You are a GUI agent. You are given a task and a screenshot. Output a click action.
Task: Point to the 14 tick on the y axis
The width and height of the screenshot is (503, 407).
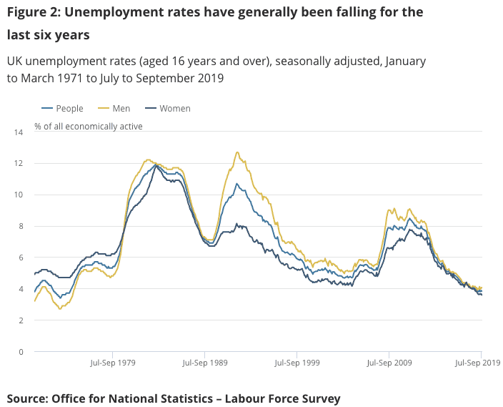point(19,132)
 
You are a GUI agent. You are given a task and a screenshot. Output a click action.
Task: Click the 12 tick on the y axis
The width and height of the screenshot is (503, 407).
point(19,164)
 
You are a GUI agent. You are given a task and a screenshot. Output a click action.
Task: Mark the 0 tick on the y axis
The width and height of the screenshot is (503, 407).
point(21,352)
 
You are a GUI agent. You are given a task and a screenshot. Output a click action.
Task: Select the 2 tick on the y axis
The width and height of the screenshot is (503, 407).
point(21,320)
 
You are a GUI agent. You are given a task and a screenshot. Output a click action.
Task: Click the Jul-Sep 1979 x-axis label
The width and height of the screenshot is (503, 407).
point(112,363)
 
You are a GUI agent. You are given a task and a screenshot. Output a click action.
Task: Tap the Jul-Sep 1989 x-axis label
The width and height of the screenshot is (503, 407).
point(204,363)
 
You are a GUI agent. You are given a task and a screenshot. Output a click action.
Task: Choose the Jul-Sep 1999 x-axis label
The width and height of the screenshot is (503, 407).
point(297,363)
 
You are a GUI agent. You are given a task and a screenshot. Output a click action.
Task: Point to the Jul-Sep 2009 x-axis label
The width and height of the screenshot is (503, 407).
point(389,363)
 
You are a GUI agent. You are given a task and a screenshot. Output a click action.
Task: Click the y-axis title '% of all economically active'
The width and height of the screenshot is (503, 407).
point(89,127)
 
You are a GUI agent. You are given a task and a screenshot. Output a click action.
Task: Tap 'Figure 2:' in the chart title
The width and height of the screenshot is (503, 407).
point(34,12)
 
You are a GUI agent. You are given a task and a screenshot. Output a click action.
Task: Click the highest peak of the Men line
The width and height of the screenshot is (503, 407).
point(237,152)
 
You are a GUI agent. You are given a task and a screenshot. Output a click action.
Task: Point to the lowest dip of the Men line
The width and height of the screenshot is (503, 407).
point(60,308)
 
